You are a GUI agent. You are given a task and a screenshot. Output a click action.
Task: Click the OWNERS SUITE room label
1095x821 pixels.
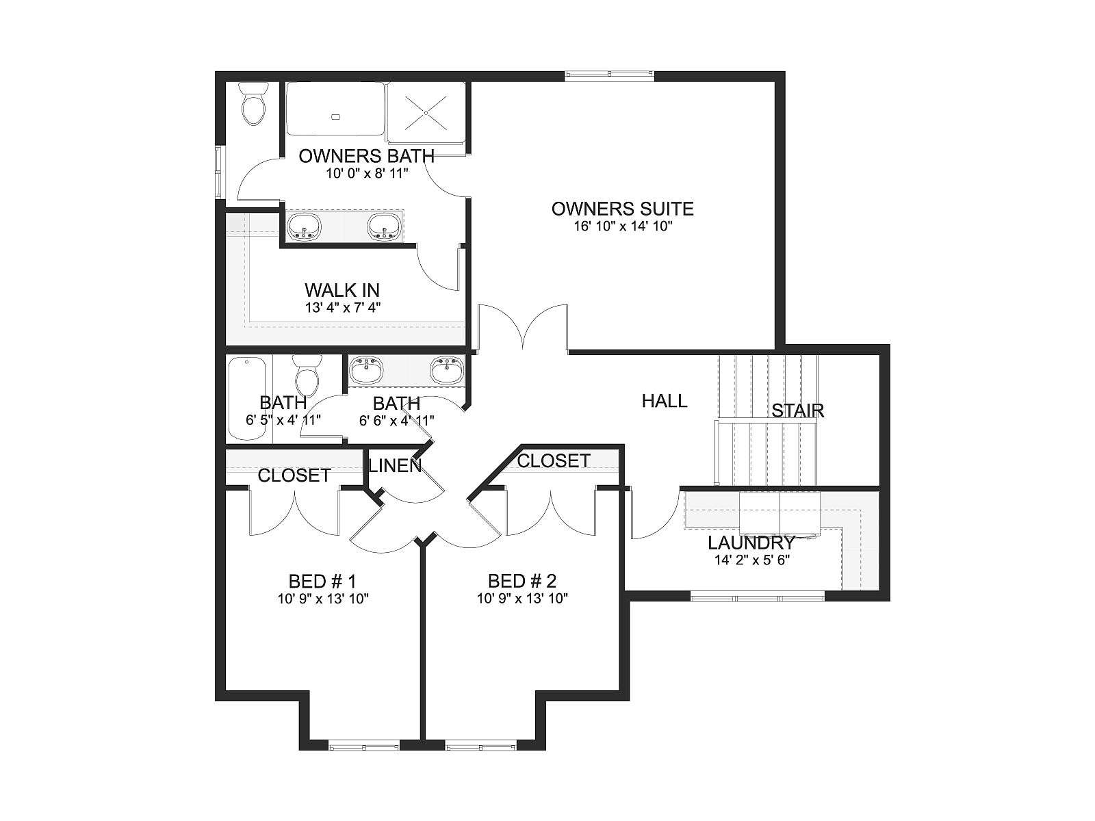(x=622, y=209)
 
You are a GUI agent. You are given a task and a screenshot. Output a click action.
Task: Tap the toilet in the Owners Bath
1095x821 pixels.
(x=253, y=104)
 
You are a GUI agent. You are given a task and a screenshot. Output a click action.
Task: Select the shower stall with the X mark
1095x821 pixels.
(x=426, y=113)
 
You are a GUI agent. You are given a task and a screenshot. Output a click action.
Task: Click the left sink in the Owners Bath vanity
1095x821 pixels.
(x=304, y=226)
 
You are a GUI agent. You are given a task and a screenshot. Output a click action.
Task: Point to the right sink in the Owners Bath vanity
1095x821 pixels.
(x=384, y=226)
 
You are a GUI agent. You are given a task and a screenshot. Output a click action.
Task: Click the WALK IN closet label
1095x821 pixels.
(x=342, y=289)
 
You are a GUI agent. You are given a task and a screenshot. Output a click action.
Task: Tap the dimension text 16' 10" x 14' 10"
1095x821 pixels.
(x=623, y=226)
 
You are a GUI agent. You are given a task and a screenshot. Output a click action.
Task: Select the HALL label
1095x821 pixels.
(x=665, y=400)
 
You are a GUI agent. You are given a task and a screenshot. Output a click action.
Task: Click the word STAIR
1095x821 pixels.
(x=798, y=410)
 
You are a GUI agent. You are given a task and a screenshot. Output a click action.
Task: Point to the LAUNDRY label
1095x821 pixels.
(x=751, y=543)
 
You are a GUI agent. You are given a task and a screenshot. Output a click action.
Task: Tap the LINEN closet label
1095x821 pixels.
(x=395, y=466)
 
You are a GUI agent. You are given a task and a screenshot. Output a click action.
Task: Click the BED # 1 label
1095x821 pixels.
(x=323, y=581)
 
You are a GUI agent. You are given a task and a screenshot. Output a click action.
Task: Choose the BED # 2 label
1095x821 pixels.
(x=521, y=581)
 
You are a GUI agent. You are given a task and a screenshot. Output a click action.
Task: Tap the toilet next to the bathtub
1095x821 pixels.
(x=307, y=376)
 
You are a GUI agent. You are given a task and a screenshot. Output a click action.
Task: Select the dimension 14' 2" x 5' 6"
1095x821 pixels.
(x=751, y=560)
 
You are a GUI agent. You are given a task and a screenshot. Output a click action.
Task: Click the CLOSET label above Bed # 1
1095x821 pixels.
(x=294, y=475)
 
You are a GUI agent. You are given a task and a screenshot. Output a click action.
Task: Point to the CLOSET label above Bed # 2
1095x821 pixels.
(x=554, y=460)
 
